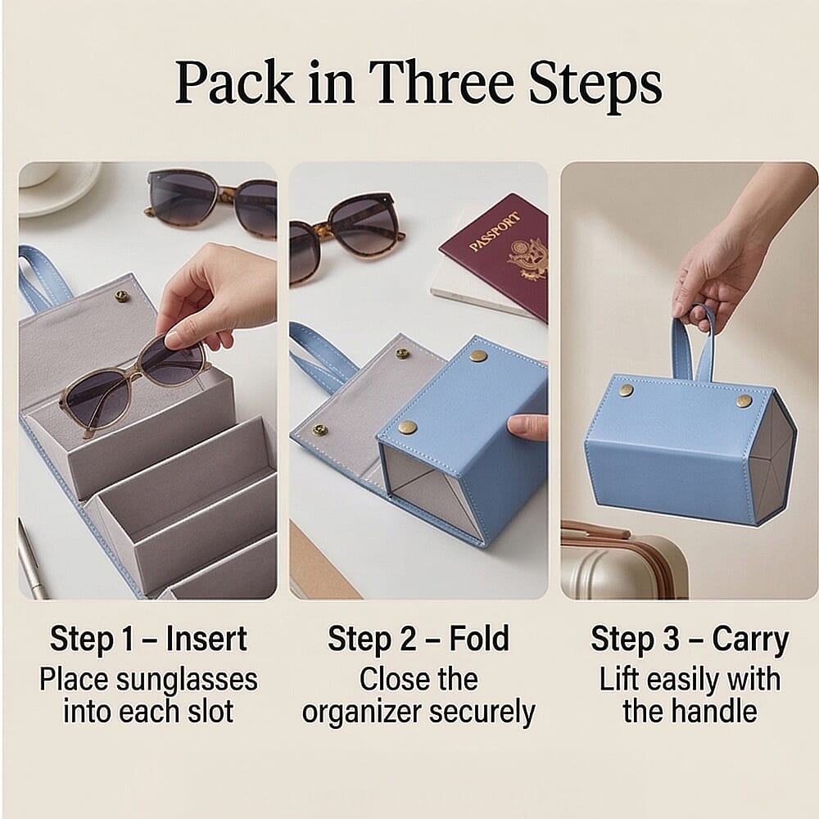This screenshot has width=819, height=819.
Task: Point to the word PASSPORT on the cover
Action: (494, 231)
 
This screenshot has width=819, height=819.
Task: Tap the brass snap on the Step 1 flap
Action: (122, 296)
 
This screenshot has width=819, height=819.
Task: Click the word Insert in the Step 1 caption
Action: (206, 639)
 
